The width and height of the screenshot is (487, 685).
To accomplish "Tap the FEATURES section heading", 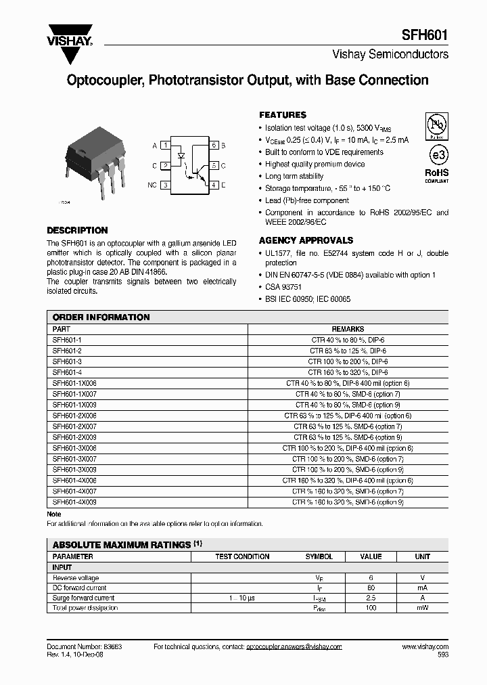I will pyautogui.click(x=283, y=115).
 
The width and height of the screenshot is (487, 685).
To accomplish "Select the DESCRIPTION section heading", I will pyautogui.click(x=77, y=230).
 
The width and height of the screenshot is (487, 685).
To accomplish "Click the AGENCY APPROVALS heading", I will pyautogui.click(x=306, y=240).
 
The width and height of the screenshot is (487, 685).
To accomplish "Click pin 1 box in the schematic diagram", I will pyautogui.click(x=164, y=146).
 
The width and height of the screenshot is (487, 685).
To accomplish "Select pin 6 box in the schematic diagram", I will pyautogui.click(x=214, y=146).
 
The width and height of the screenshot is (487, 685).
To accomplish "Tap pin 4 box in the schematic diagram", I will pyautogui.click(x=214, y=184).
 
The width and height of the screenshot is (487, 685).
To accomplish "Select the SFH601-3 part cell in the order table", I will pyautogui.click(x=67, y=361).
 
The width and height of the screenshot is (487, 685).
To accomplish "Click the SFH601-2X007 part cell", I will pyautogui.click(x=74, y=426).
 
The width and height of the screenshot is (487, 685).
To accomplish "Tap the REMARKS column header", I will pyautogui.click(x=348, y=328).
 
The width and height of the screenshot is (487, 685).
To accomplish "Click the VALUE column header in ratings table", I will pyautogui.click(x=371, y=556).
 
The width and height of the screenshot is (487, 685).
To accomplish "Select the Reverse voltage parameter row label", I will pyautogui.click(x=76, y=578).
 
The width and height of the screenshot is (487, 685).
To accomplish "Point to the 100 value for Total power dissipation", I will pyautogui.click(x=371, y=608).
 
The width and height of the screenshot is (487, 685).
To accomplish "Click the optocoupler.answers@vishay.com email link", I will pyautogui.click(x=294, y=647).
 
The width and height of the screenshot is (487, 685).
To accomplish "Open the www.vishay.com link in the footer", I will pyautogui.click(x=425, y=647).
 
